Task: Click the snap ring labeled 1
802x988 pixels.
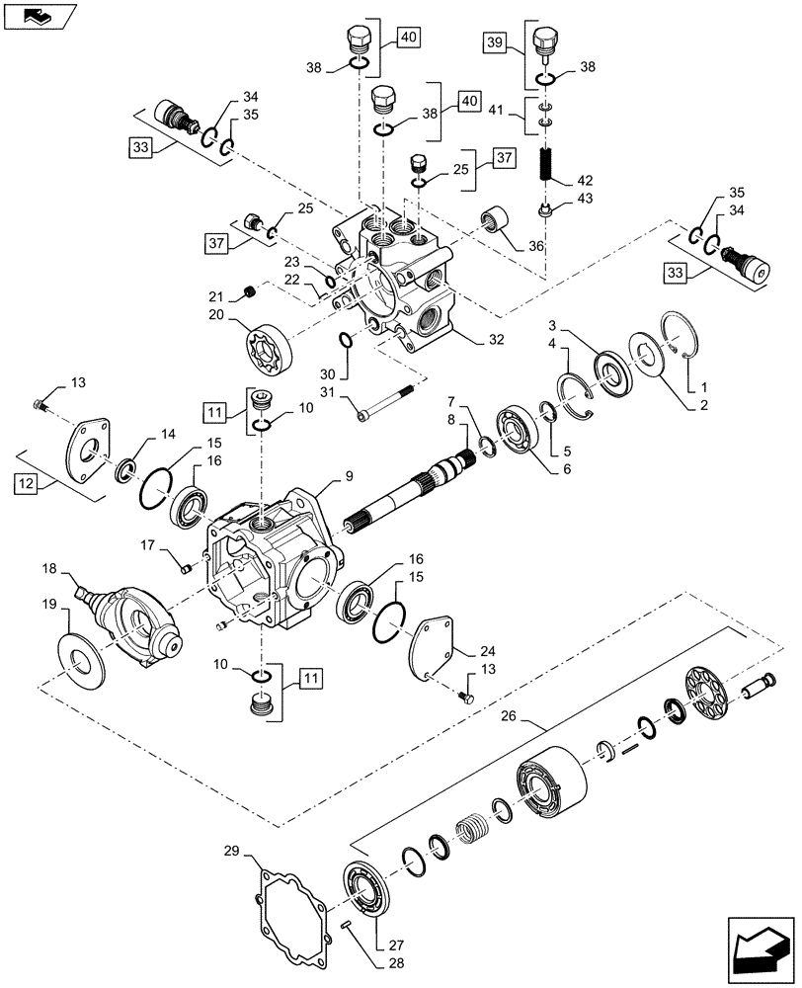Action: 681,340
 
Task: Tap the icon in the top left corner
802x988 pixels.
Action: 38,15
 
